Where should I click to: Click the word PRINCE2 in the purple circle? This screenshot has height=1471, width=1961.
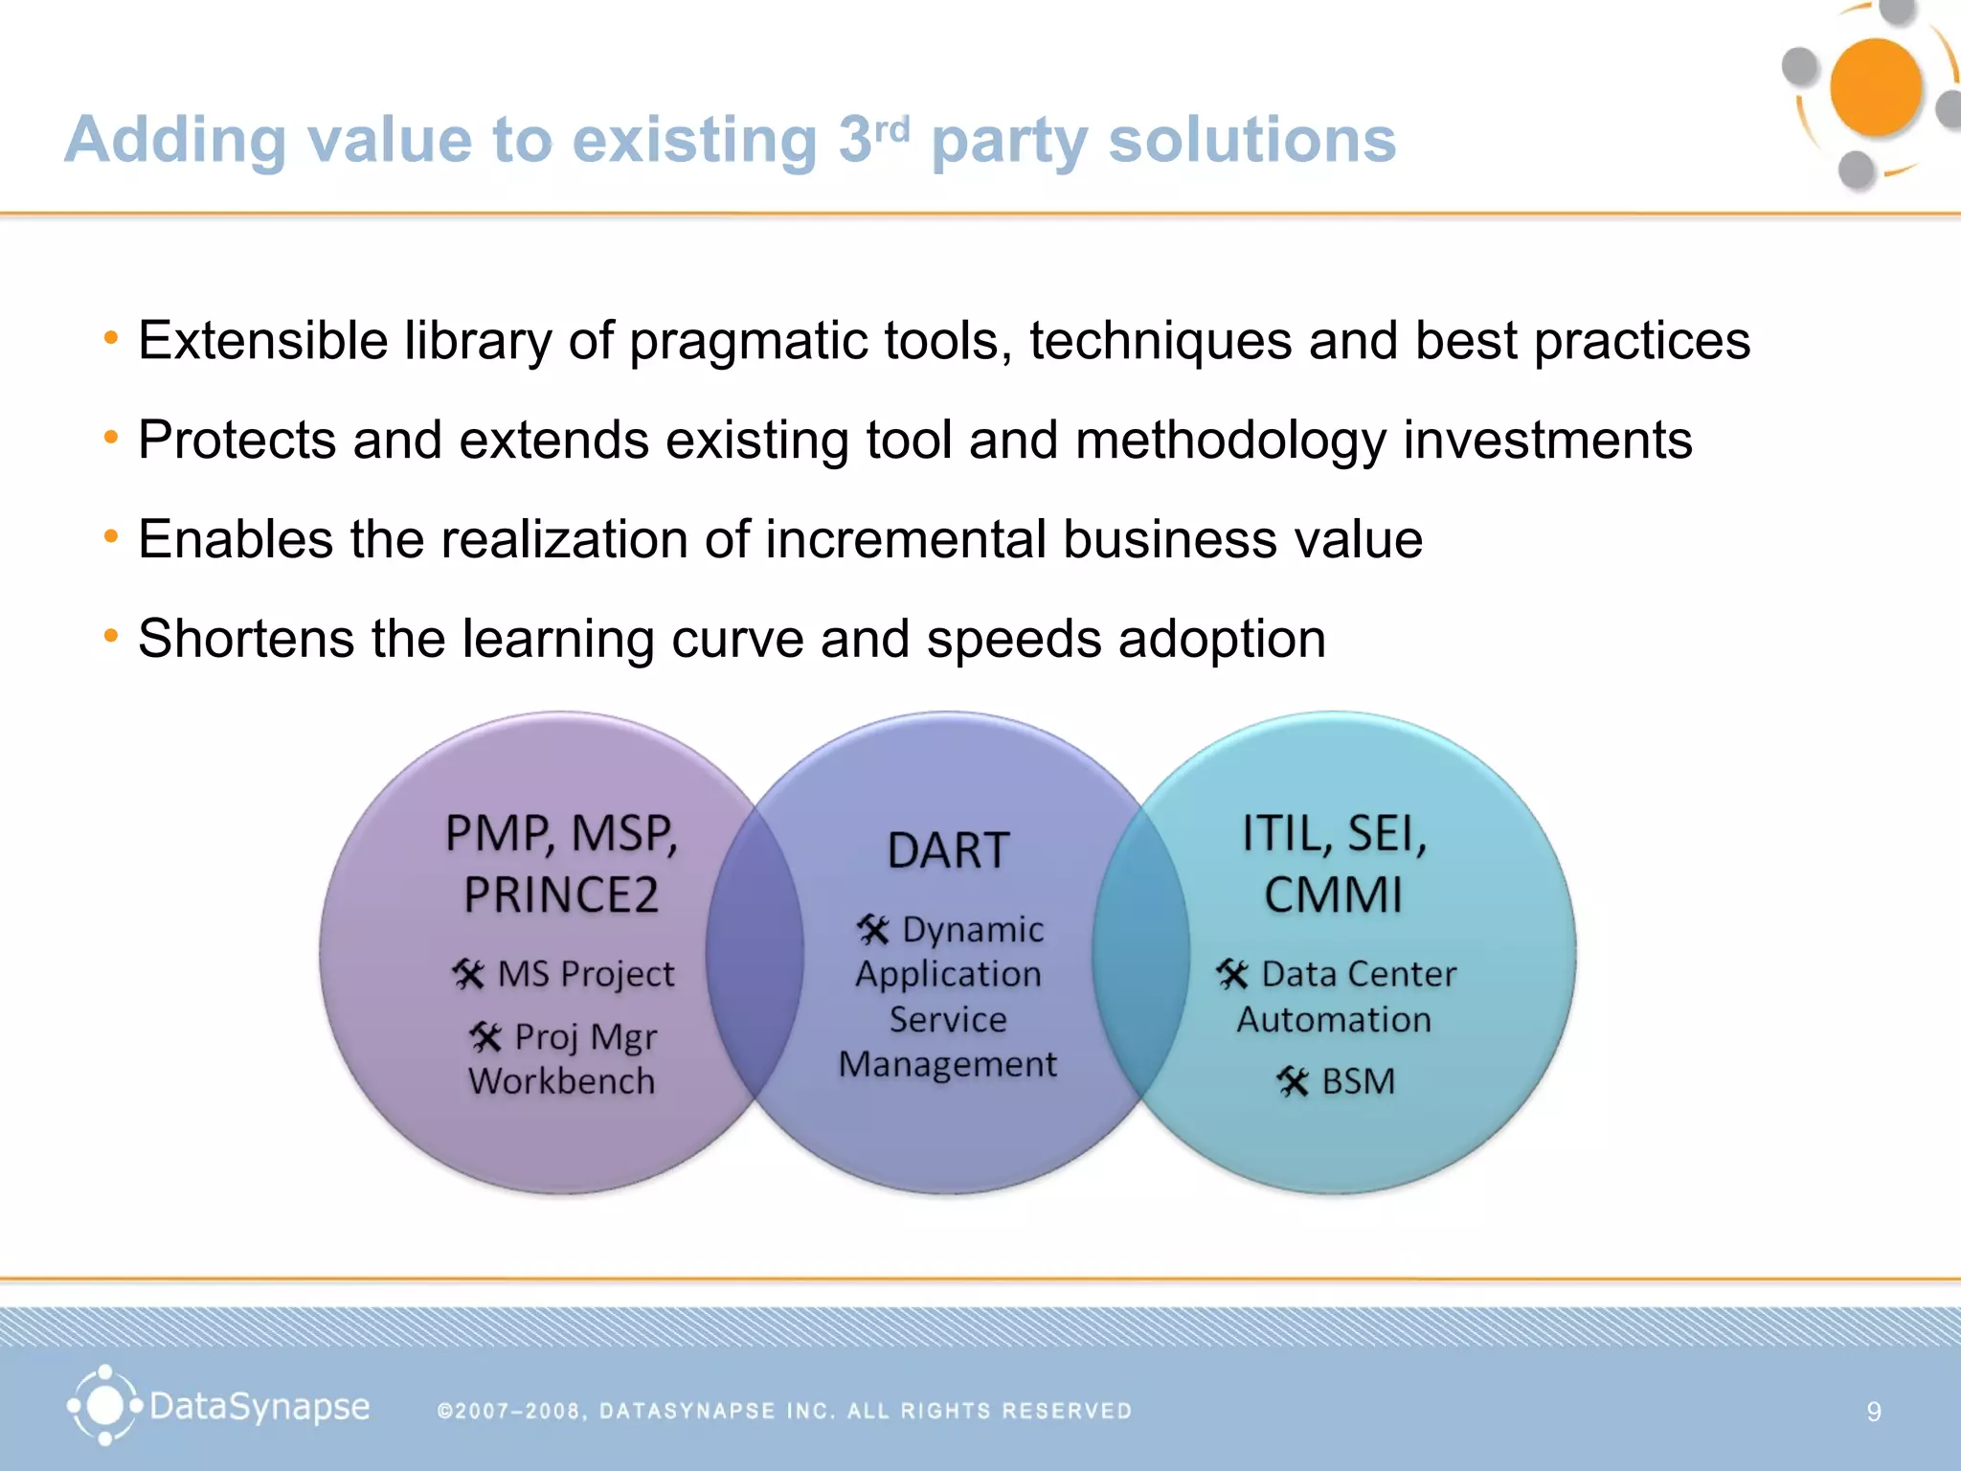click(561, 895)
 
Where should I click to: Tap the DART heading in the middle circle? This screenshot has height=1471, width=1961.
click(948, 850)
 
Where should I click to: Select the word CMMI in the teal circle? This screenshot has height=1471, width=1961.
click(1333, 895)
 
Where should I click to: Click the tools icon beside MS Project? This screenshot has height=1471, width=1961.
click(468, 975)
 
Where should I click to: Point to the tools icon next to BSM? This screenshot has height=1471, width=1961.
click(1293, 1082)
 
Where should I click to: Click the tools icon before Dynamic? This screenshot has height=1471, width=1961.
click(872, 930)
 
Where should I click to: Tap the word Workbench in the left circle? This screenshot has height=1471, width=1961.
click(562, 1081)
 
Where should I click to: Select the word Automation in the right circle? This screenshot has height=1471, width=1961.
click(1334, 1020)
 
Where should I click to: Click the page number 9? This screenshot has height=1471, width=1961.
click(1874, 1412)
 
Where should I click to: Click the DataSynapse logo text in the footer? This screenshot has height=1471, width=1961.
click(259, 1407)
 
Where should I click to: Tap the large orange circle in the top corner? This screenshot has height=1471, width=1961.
click(1875, 87)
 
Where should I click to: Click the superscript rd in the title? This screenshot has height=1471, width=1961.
click(891, 128)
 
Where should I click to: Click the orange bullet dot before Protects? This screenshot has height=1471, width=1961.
click(111, 439)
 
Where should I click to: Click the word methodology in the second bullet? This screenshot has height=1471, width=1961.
click(1230, 441)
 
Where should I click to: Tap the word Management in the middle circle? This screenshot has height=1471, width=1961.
click(948, 1065)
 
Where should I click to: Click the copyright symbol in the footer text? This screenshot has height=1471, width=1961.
click(444, 1412)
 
